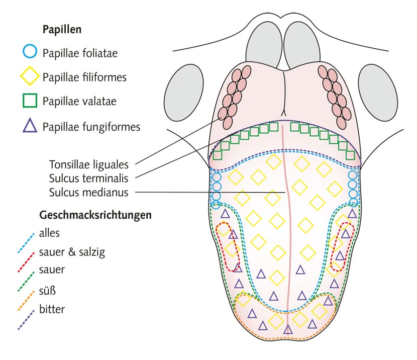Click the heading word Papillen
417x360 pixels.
[62, 30]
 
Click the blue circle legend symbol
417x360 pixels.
[30, 51]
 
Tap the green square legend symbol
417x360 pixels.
[30, 101]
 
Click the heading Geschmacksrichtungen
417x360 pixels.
[95, 215]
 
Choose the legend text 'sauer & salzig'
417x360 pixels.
[68, 251]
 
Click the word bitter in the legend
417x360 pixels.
[51, 309]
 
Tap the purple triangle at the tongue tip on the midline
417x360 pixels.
[288, 329]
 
